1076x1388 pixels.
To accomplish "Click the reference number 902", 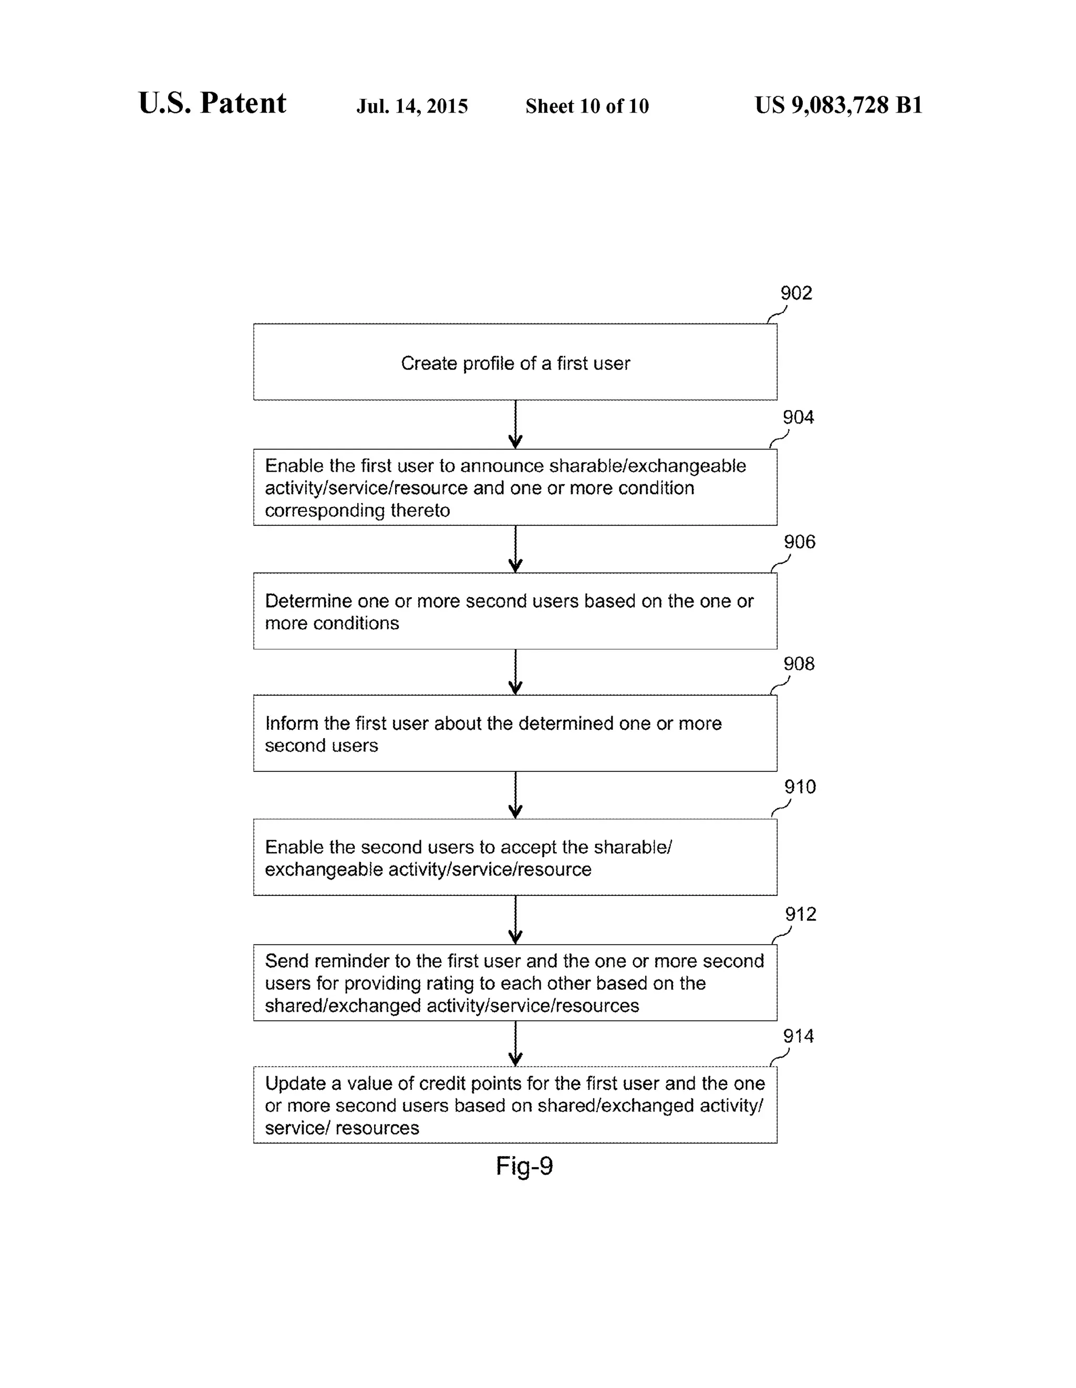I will [796, 293].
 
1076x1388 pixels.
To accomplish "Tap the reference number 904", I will [798, 417].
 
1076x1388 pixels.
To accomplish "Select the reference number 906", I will [799, 542].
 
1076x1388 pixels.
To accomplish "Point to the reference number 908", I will [799, 664].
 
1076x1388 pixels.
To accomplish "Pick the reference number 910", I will [800, 787].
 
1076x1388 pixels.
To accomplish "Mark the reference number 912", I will [800, 914].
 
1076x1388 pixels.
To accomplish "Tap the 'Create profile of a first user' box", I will [515, 362].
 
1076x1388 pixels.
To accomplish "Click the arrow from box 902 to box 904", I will [515, 424].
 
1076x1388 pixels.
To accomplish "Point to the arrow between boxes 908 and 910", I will [515, 794].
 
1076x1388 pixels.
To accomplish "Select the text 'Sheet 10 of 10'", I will [587, 106].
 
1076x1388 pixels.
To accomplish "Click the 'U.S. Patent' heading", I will [212, 103].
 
